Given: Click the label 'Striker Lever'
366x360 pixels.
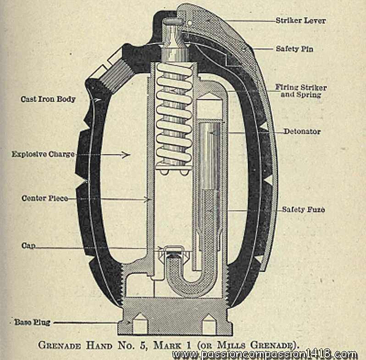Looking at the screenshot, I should pyautogui.click(x=300, y=21).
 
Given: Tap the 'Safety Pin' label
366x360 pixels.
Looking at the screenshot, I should pyautogui.click(x=294, y=48).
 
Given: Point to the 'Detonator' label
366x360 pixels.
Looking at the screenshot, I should pyautogui.click(x=301, y=132).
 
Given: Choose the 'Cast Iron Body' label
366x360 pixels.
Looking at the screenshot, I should pyautogui.click(x=48, y=99).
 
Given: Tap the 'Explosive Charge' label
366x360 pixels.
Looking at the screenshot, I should pyautogui.click(x=43, y=155).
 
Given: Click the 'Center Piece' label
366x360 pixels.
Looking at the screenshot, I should pyautogui.click(x=45, y=199).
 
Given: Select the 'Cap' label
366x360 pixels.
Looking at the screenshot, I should pyautogui.click(x=28, y=246).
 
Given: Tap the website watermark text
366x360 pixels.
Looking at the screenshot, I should pyautogui.click(x=265, y=354).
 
